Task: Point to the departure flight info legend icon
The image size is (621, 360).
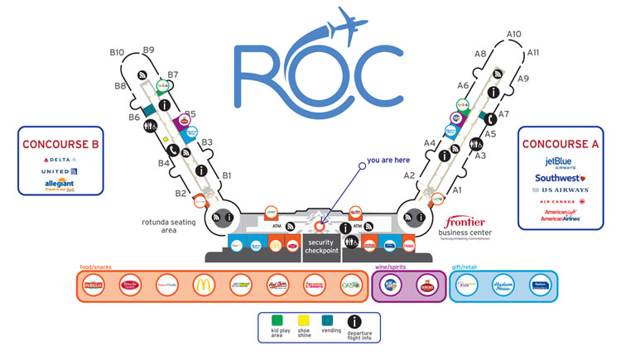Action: point(354,321)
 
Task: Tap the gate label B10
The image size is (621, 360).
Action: point(117,53)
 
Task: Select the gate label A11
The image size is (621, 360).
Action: point(533,52)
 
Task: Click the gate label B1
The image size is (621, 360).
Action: point(226,175)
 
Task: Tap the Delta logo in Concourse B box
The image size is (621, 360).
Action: point(60,158)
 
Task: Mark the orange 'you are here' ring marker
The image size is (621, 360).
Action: point(320,224)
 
